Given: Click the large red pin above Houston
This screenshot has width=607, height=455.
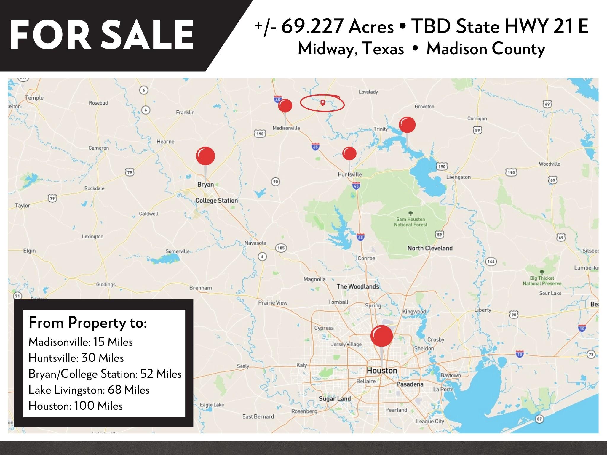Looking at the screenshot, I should click(381, 336).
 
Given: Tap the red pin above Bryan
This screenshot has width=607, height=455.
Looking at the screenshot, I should click(205, 156).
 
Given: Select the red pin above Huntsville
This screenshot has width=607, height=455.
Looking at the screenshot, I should click(349, 153).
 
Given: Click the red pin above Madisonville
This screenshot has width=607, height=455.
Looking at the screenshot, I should click(285, 106).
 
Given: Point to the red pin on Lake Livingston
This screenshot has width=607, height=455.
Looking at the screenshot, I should click(407, 125).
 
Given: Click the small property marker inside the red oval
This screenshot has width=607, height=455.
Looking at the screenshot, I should click(323, 102).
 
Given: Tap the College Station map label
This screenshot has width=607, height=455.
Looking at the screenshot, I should click(216, 201).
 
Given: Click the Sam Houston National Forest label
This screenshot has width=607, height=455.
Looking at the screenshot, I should click(410, 222).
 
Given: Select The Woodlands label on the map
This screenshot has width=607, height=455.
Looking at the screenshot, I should click(358, 286).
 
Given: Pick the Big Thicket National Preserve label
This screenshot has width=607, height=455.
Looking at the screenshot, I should click(542, 281).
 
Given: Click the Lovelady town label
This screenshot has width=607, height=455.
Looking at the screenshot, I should click(368, 92).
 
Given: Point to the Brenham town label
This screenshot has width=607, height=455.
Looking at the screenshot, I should click(201, 288).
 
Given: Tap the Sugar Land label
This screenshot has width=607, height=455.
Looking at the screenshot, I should click(335, 399).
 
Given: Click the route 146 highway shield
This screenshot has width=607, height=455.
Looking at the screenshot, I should click(491, 261).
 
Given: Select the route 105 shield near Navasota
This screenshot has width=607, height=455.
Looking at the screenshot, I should click(281, 248).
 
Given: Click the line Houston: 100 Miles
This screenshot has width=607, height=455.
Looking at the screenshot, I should click(76, 406).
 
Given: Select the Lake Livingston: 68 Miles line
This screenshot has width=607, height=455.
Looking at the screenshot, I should click(89, 390).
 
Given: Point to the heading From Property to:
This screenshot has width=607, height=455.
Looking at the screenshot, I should click(88, 323).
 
